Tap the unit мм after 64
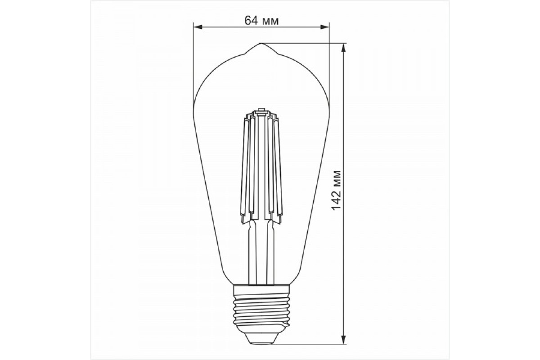pos(270,20)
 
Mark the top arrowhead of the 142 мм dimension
pos(344,47)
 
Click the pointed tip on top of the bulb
pos(261,45)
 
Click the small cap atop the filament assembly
pos(261,111)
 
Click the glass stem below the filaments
pos(261,252)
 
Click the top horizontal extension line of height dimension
pos(306,43)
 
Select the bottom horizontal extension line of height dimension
pos(306,341)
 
